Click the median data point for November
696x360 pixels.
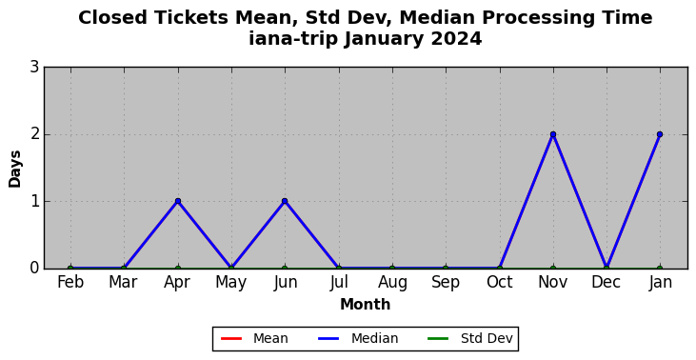point(552,134)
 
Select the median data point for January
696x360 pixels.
point(660,134)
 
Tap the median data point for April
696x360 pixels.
point(178,201)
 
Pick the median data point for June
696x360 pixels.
point(285,201)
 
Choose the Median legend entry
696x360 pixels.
point(358,339)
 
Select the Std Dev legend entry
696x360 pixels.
point(470,339)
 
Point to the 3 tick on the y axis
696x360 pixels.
point(34,68)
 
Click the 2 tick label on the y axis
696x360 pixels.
point(34,134)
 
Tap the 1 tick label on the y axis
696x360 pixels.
point(34,201)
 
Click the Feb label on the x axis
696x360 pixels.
point(70,282)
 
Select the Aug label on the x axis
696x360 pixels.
point(392,283)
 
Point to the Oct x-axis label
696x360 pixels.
point(499,282)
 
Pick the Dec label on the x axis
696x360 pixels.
point(607,282)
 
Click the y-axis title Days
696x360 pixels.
point(14,169)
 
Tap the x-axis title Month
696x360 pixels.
point(366,305)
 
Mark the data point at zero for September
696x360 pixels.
point(446,269)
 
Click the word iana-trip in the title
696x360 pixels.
point(294,39)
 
